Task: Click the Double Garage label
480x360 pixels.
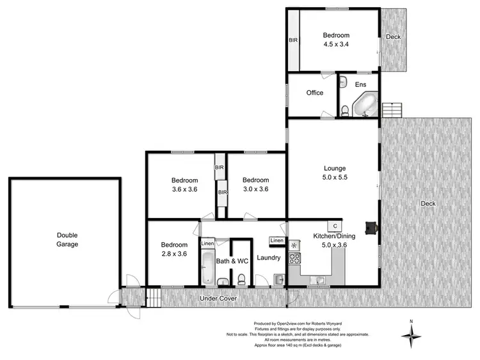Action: click(67, 239)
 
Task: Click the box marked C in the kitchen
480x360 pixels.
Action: click(334, 226)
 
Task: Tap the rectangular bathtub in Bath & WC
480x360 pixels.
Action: click(207, 267)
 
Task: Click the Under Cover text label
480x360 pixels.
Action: click(218, 298)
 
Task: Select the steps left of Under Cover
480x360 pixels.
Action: click(154, 297)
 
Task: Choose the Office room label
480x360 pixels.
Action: click(314, 93)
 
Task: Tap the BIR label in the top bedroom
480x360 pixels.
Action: click(293, 40)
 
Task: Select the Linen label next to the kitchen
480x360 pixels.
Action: click(276, 240)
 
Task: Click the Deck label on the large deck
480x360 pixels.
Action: click(428, 204)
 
